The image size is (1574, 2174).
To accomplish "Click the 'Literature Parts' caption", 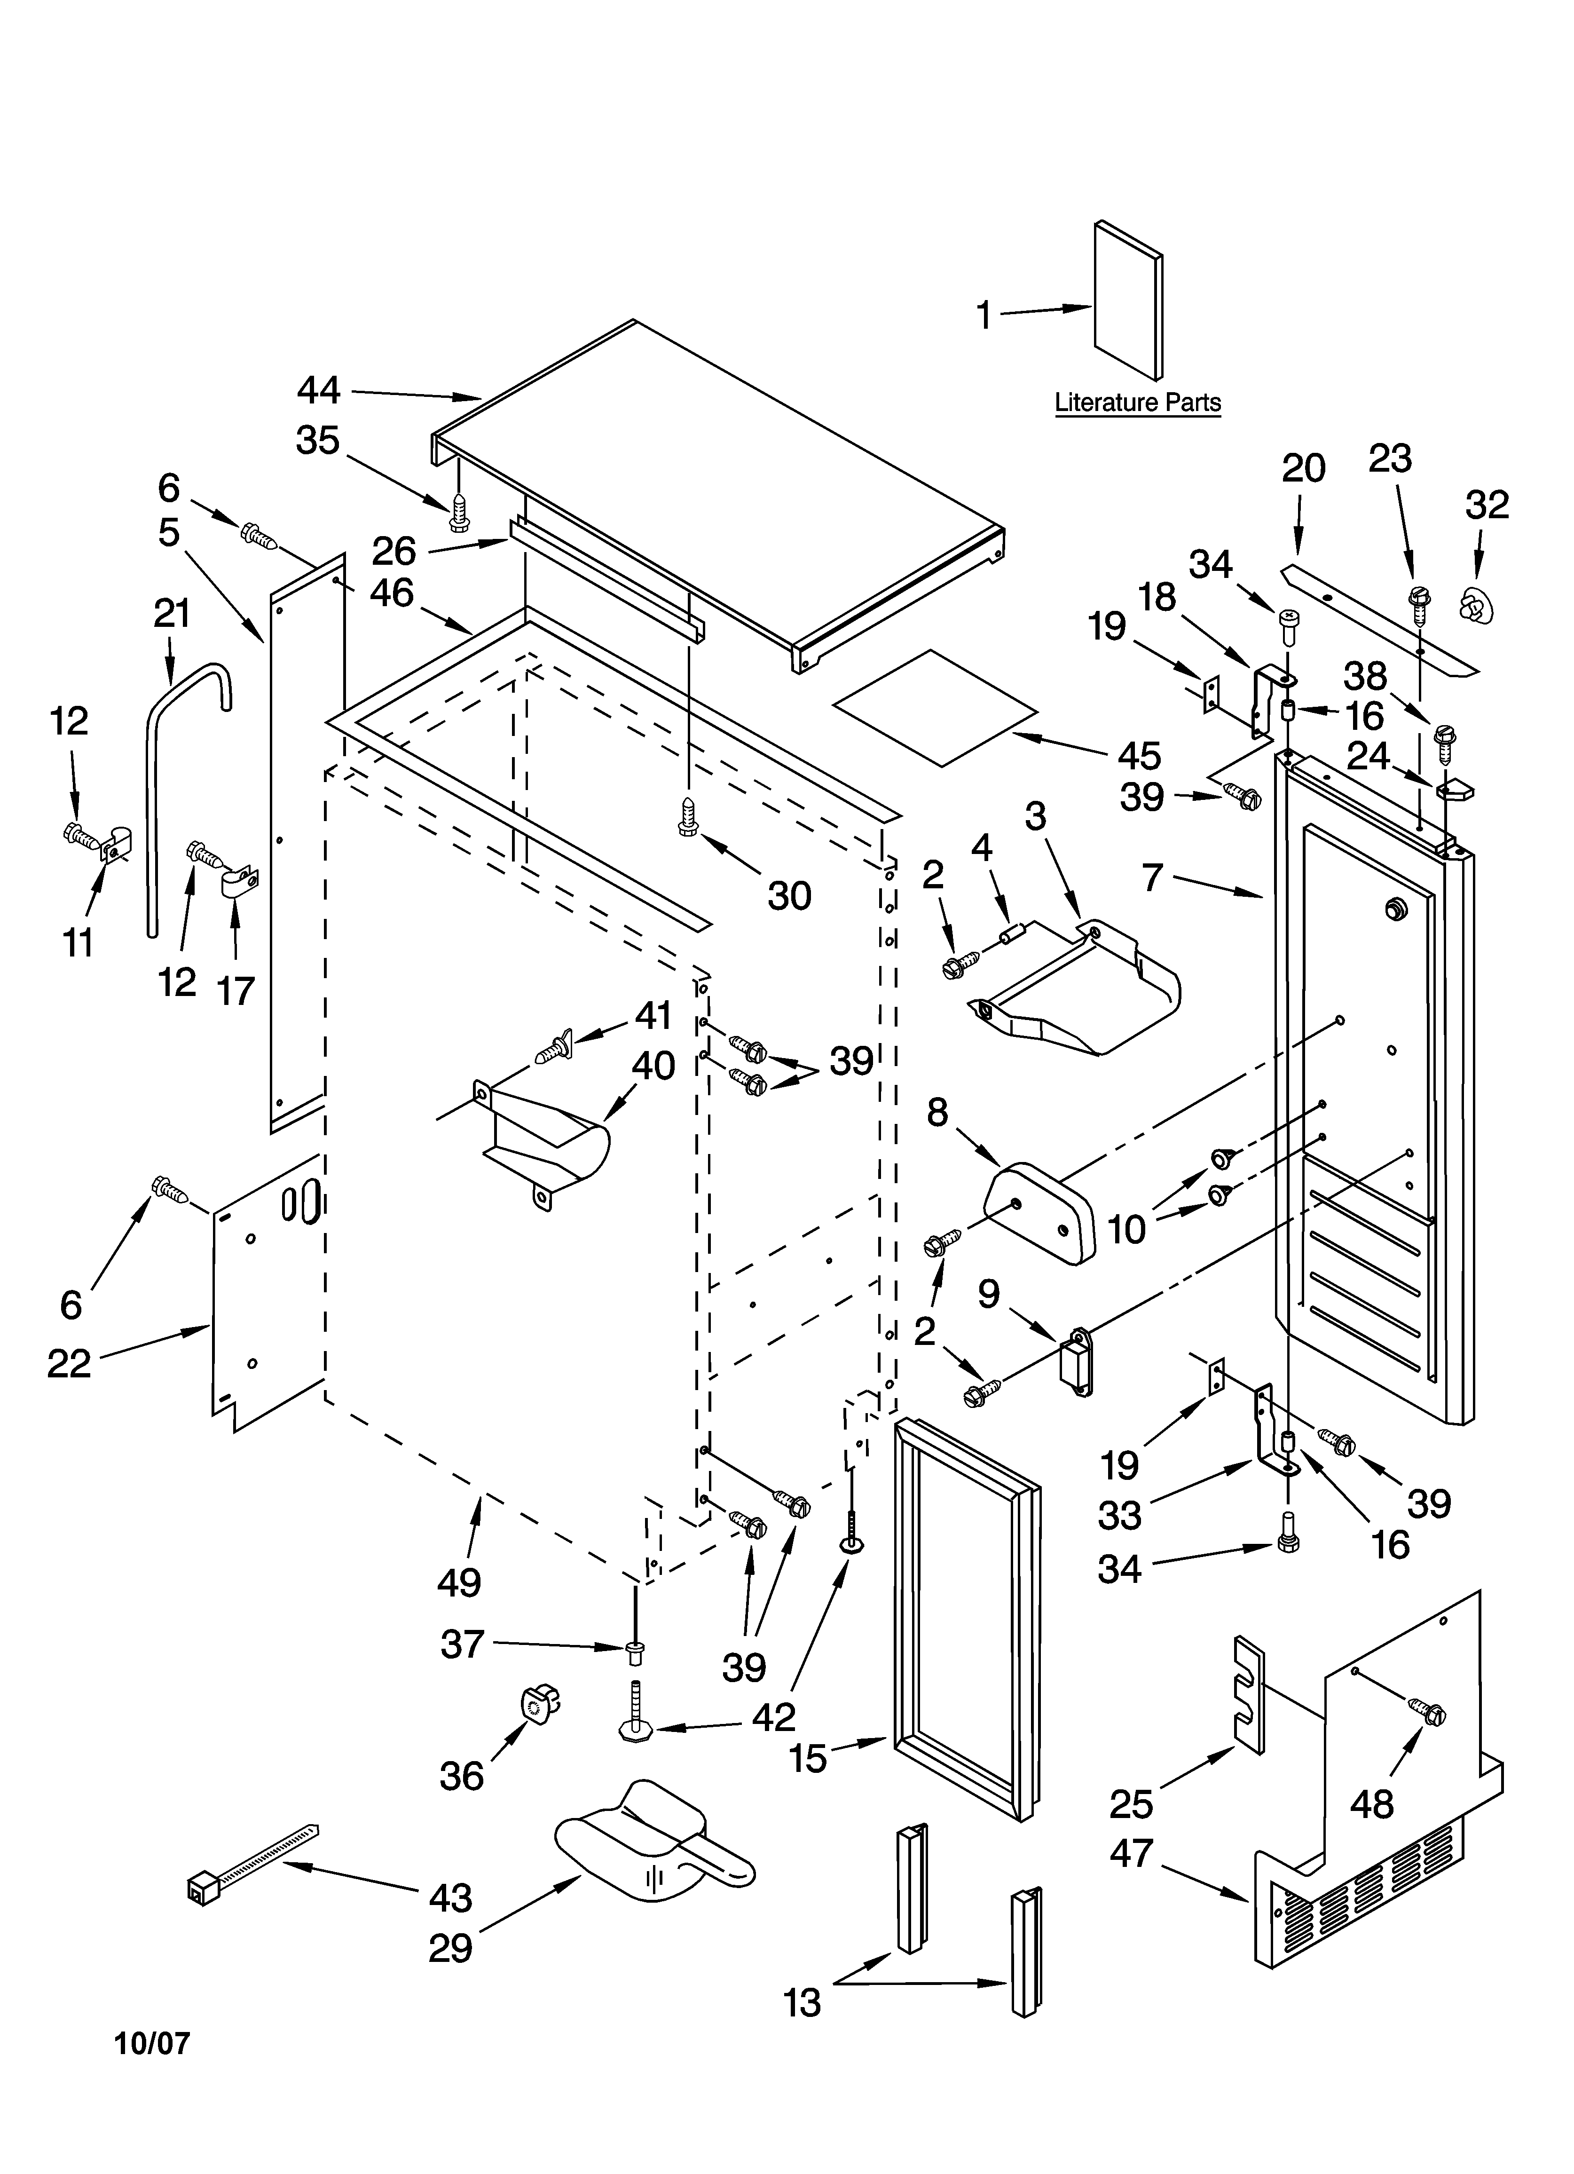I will [1138, 403].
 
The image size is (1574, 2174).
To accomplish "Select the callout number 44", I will [318, 390].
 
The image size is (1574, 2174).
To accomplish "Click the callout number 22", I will [69, 1363].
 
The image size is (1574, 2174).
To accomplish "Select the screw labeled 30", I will [687, 816].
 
